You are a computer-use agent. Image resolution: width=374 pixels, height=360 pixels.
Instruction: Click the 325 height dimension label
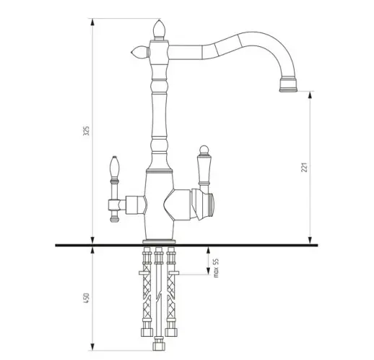[86, 131]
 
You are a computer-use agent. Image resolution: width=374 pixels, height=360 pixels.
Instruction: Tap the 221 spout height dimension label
[304, 167]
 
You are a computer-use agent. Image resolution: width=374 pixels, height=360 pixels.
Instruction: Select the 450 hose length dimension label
[86, 298]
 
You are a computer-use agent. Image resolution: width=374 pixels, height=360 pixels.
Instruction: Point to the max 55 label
[216, 268]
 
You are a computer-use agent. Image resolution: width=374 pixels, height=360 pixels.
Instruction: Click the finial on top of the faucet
[159, 30]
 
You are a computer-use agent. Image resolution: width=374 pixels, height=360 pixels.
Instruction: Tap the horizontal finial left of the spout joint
[141, 52]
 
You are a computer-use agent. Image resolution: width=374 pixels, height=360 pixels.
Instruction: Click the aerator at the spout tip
[288, 85]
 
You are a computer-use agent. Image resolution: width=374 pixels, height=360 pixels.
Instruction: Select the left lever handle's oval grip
[114, 167]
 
